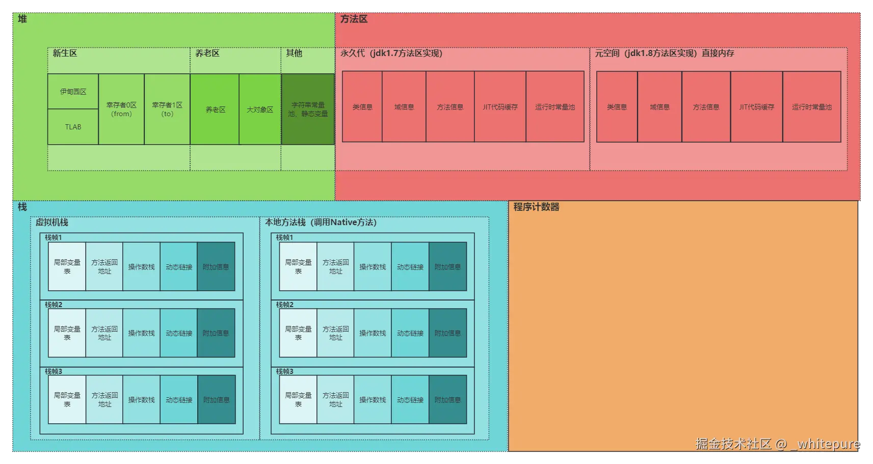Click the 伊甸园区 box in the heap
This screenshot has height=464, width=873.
click(73, 92)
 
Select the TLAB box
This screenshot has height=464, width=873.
click(73, 127)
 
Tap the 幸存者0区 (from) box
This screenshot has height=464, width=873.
click(121, 109)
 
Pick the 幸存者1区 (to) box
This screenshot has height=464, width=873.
click(167, 109)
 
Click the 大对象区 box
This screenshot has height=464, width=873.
click(260, 110)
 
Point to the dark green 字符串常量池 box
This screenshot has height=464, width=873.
click(308, 109)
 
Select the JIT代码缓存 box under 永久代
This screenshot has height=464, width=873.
click(500, 107)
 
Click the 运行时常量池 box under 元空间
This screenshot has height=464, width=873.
click(811, 107)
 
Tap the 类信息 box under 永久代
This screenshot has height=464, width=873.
click(362, 107)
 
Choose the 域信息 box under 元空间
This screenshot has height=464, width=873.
click(659, 107)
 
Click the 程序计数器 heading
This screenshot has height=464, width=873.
click(536, 207)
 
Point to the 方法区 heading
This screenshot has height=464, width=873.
click(354, 19)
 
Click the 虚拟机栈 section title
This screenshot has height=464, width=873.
click(51, 222)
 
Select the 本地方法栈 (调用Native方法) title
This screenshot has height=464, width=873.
click(321, 222)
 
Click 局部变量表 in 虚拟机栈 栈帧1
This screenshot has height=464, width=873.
click(67, 266)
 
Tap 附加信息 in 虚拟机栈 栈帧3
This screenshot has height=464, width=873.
click(216, 400)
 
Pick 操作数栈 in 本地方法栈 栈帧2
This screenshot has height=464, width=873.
click(373, 333)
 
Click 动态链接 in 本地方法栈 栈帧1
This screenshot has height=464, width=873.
click(410, 266)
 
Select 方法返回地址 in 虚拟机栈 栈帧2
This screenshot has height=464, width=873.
click(104, 333)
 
